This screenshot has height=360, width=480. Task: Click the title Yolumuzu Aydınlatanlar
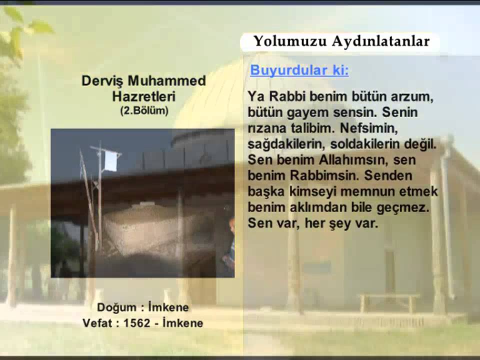[x=341, y=41]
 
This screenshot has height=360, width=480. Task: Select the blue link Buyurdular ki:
[x=299, y=70]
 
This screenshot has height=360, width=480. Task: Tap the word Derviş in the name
[x=102, y=81]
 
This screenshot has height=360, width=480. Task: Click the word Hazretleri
[x=144, y=96]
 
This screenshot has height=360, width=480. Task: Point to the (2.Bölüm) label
[x=144, y=110]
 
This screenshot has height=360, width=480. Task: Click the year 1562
[x=136, y=323]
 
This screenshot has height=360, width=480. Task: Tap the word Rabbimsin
[x=332, y=176]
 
